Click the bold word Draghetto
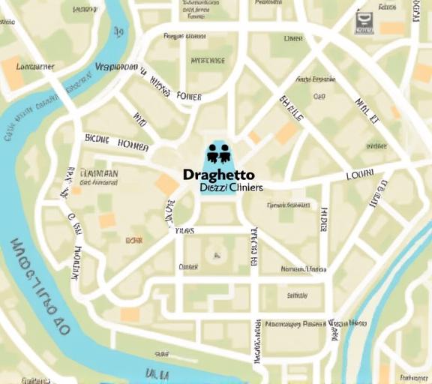pos(218,175)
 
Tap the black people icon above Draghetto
pos(217,152)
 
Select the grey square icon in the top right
pos(364,21)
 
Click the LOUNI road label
pos(359,175)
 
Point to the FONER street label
pos(188,96)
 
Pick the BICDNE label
pos(97,139)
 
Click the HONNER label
pos(134,144)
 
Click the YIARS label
pos(184,231)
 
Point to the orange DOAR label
pos(134,240)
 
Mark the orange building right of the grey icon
pos(391,28)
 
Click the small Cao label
pos(319,97)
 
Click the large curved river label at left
pos(37,289)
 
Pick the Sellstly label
pos(297,295)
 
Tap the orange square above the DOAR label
pos(107,220)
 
